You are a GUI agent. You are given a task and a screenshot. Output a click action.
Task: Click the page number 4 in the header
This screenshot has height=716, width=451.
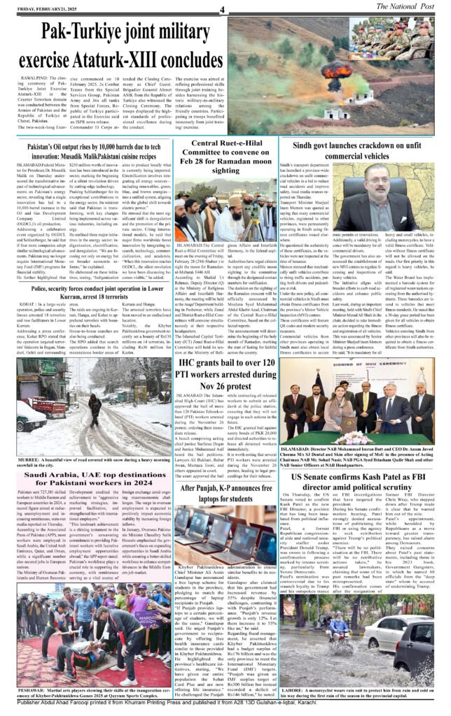(221, 9)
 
